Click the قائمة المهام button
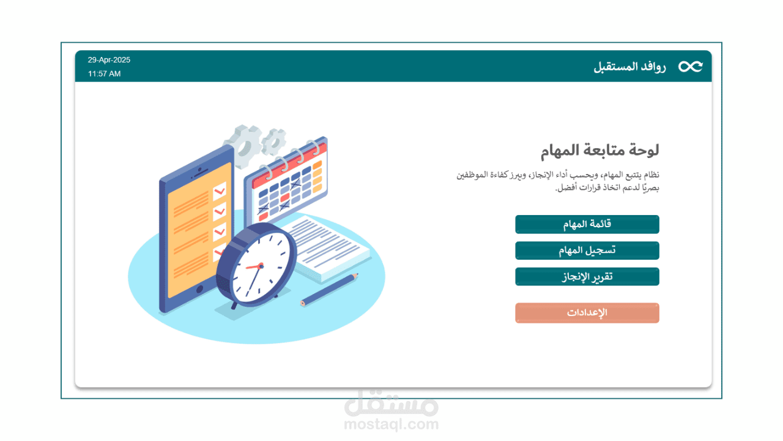(x=587, y=224)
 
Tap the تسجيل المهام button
(x=587, y=251)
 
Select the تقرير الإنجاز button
(x=587, y=276)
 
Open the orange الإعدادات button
(x=587, y=312)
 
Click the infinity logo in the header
(x=691, y=67)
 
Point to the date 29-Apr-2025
(x=109, y=60)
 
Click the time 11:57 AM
(x=104, y=74)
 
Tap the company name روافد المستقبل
(x=629, y=67)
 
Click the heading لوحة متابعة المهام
(x=600, y=151)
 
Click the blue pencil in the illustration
(x=329, y=290)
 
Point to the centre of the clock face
(x=261, y=266)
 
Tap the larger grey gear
(x=243, y=146)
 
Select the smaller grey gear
(x=273, y=141)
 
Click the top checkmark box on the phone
(x=220, y=191)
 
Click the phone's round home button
(x=199, y=289)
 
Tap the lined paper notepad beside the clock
(x=327, y=249)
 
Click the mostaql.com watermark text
(x=391, y=424)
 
